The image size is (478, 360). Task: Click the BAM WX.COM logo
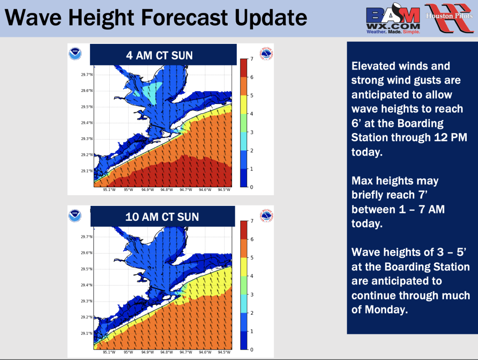click(x=393, y=19)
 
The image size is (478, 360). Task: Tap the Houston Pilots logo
click(x=450, y=18)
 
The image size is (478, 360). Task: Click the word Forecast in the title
click(x=186, y=18)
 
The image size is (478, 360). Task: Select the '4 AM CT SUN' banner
click(x=163, y=55)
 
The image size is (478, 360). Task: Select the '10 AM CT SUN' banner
click(x=162, y=217)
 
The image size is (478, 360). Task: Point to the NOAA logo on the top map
click(x=75, y=54)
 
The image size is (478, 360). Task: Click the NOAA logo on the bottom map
click(x=75, y=216)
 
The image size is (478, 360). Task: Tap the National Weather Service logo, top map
click(x=266, y=54)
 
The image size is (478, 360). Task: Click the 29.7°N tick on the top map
click(x=87, y=75)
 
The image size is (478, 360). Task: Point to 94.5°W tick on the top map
click(x=224, y=190)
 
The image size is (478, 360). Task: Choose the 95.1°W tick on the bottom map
click(x=109, y=352)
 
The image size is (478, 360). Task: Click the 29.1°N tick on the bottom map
click(x=87, y=333)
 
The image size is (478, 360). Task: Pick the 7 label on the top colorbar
click(x=252, y=59)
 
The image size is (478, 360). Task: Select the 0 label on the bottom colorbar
click(x=252, y=350)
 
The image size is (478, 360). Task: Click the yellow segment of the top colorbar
click(x=244, y=105)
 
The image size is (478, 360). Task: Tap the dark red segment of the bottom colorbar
click(x=244, y=230)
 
